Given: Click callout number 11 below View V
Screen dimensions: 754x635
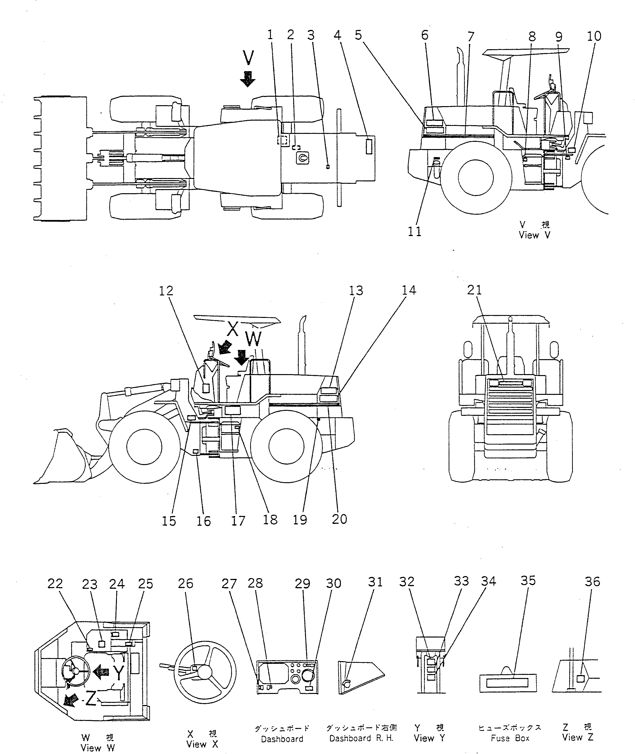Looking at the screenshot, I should point(414,232).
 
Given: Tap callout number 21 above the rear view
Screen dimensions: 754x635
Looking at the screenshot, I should point(474,290).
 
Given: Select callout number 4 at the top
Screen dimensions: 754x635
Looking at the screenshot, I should point(337,35).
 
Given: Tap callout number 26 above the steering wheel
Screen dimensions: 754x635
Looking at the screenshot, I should point(186,583).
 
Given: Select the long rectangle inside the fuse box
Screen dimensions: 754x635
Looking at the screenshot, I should point(507,683).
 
